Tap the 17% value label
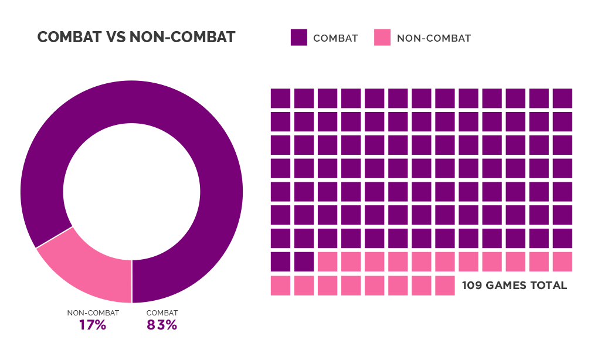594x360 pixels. [93, 325]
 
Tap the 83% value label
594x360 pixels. [162, 325]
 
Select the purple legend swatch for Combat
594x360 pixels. [298, 38]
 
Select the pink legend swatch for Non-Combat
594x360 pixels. [382, 38]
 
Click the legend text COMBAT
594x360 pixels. [335, 39]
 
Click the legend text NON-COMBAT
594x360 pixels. [434, 39]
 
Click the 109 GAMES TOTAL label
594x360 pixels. [514, 286]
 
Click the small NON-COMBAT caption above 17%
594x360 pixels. [93, 313]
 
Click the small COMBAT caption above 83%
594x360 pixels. [162, 313]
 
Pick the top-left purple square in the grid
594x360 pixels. [280, 98]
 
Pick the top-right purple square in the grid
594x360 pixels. [562, 98]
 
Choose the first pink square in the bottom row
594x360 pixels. [280, 286]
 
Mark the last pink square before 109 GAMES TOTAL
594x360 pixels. [445, 286]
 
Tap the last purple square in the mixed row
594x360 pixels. [304, 262]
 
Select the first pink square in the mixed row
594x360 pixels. [327, 262]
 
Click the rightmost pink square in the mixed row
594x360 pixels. [562, 262]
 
